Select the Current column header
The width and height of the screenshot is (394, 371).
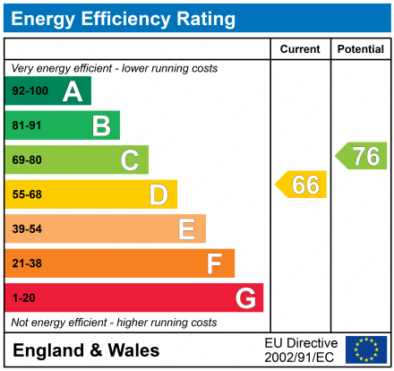click(x=300, y=49)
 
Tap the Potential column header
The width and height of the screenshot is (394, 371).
click(x=360, y=49)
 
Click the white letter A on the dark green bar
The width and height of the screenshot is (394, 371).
click(x=72, y=91)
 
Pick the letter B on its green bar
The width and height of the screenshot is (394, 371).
click(x=101, y=125)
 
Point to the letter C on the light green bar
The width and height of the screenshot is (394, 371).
click(x=130, y=160)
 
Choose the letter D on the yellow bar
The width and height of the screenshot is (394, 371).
click(x=158, y=194)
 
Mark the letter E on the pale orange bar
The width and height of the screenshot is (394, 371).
click(x=186, y=229)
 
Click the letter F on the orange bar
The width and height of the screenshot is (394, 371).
click(x=215, y=263)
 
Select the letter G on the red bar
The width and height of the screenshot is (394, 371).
click(x=244, y=298)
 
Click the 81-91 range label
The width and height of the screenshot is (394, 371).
click(x=27, y=125)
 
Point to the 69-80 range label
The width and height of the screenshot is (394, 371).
click(x=27, y=160)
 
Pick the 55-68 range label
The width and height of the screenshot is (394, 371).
click(x=27, y=194)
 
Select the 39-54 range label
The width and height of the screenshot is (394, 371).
click(x=27, y=229)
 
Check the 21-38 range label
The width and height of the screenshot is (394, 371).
click(x=27, y=263)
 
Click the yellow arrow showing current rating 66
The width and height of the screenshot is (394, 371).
click(x=302, y=185)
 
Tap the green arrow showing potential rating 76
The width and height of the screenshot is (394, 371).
click(x=362, y=156)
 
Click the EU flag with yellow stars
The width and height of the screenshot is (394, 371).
click(x=365, y=349)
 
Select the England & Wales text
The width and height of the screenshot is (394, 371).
click(x=86, y=350)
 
